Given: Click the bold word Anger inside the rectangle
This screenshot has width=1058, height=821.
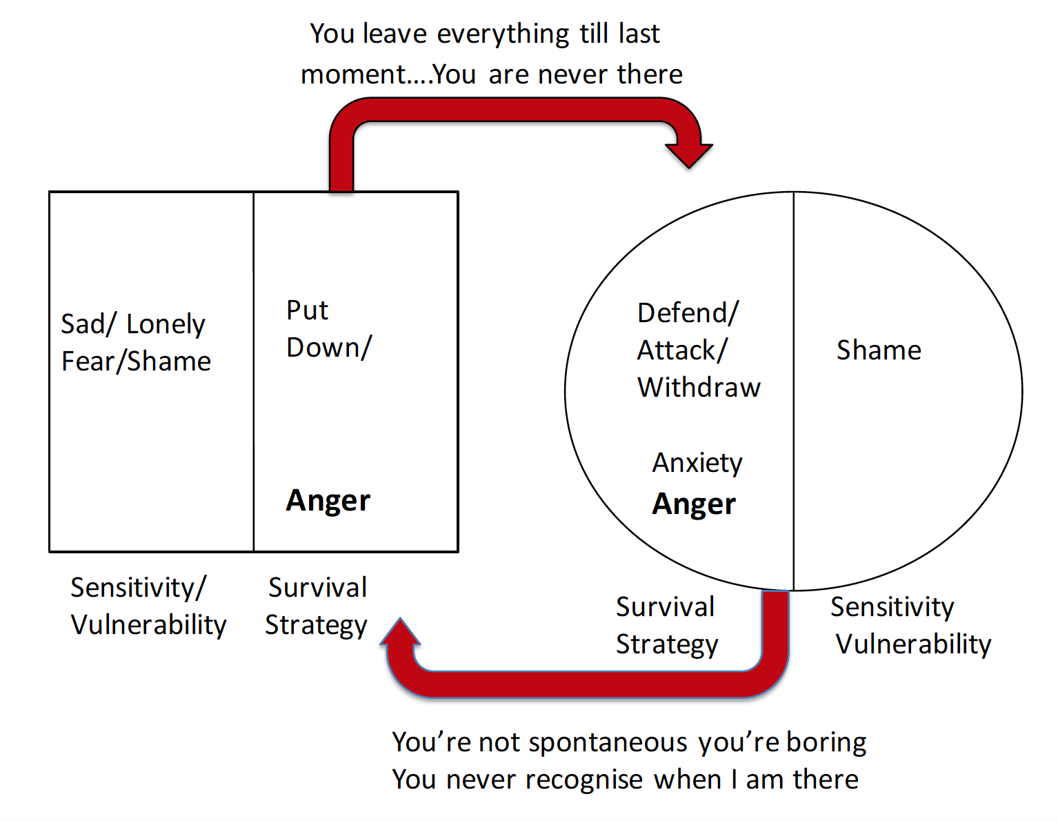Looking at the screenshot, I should click(x=328, y=501).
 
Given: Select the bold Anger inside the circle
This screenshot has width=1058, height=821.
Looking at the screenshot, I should click(x=694, y=504).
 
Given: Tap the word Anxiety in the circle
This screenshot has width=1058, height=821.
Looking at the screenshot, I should click(x=697, y=463).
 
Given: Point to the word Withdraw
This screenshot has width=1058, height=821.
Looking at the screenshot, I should click(x=699, y=388).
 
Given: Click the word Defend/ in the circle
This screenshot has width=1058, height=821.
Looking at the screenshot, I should click(x=688, y=313).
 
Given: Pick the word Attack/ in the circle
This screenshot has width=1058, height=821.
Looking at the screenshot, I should click(x=681, y=350).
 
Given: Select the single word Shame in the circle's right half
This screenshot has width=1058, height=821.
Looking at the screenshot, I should click(x=879, y=350).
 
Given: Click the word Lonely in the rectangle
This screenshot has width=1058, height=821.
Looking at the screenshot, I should click(x=166, y=324).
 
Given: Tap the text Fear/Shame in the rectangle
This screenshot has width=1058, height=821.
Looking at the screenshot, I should click(x=136, y=362).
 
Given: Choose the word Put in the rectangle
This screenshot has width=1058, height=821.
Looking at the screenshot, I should click(x=307, y=310).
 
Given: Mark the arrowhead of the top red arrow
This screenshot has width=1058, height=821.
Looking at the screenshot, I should click(x=688, y=155).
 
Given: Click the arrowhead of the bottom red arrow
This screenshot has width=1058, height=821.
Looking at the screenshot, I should click(x=400, y=632).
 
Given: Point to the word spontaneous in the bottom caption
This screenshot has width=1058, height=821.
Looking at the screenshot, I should click(x=608, y=742).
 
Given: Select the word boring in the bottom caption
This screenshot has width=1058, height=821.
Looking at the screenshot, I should click(x=826, y=742).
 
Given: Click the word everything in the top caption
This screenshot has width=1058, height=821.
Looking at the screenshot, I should click(x=503, y=34).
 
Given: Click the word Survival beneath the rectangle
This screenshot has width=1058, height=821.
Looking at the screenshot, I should click(x=317, y=588).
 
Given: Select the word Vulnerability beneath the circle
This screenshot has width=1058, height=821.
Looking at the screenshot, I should click(x=913, y=644).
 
